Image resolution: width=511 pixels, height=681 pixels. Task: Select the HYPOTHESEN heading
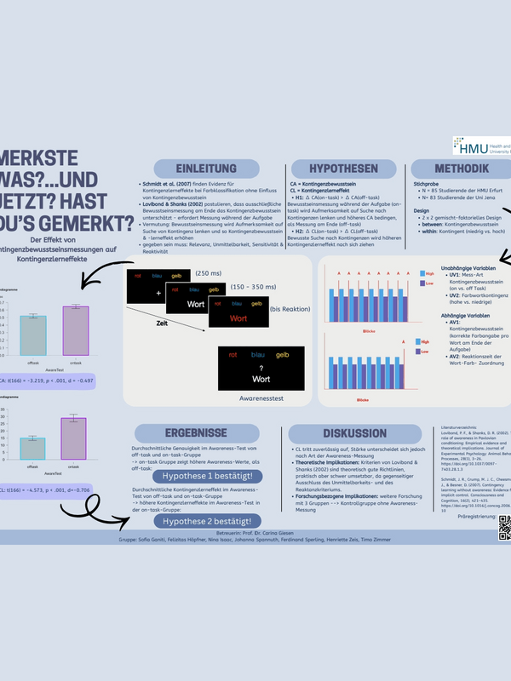pos(344,168)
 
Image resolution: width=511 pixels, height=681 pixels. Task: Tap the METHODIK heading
pos(461,168)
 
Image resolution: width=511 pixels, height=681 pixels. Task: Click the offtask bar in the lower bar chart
pos(32,449)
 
